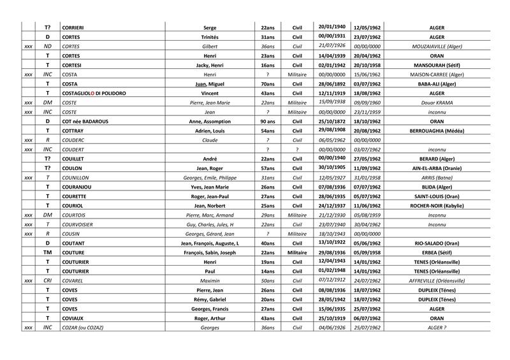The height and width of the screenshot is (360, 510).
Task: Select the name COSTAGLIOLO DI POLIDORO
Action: pos(94,93)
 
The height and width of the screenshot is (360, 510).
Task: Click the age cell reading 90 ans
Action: pos(268,121)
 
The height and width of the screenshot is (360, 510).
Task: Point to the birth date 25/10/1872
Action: pos(331,121)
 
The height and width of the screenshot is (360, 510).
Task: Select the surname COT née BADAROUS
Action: pos(87,121)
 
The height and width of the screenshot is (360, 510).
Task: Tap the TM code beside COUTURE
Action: pos(47,252)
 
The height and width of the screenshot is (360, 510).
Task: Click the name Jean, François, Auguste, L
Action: pos(210,243)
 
